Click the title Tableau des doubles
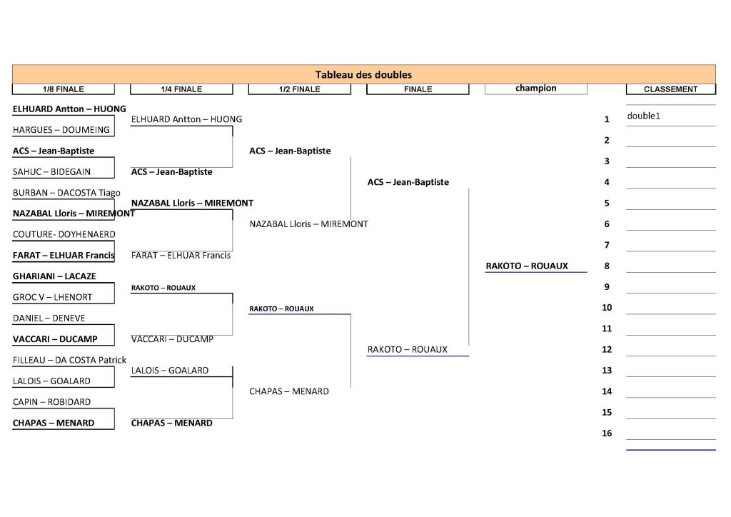point(363,74)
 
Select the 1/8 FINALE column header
point(63,89)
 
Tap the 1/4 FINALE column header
point(181,89)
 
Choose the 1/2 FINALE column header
point(299,89)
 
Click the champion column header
point(535,89)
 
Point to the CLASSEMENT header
point(670,89)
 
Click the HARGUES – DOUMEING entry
point(61,130)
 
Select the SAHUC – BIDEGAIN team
point(51,172)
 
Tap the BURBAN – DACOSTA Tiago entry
point(66,193)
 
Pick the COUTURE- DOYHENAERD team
point(64,234)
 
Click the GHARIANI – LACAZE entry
point(54,276)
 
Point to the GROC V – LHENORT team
point(52,297)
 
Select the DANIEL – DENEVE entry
point(49,318)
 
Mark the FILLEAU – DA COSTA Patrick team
point(69,360)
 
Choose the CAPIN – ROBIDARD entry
point(51,402)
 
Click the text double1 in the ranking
point(643,116)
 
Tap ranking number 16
point(607,433)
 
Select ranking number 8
point(607,266)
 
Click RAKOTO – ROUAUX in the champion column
point(527,266)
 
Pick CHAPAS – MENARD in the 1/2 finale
point(289,391)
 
